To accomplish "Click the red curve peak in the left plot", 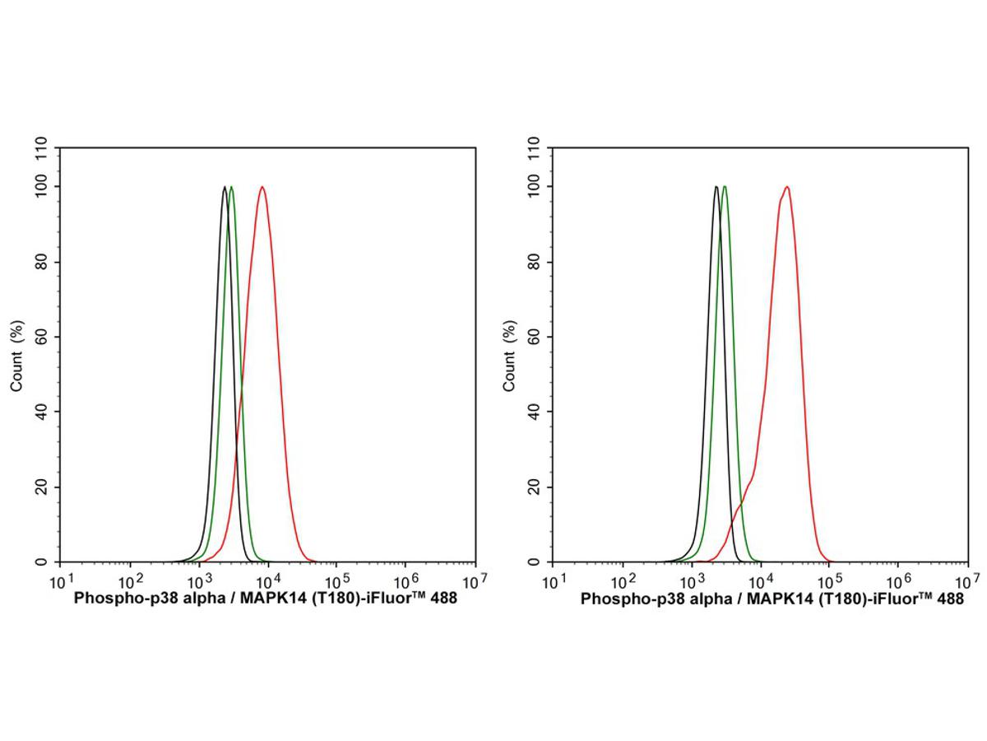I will click(262, 188).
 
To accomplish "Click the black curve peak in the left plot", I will click(225, 188).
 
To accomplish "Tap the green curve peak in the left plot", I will click(231, 188).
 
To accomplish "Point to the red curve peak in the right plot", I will click(787, 188).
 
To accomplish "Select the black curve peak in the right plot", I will click(716, 188).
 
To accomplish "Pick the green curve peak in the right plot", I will click(724, 188).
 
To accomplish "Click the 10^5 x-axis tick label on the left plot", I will click(338, 580).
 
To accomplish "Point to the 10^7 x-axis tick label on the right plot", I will click(968, 580).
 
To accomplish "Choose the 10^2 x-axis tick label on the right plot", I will click(623, 580).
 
